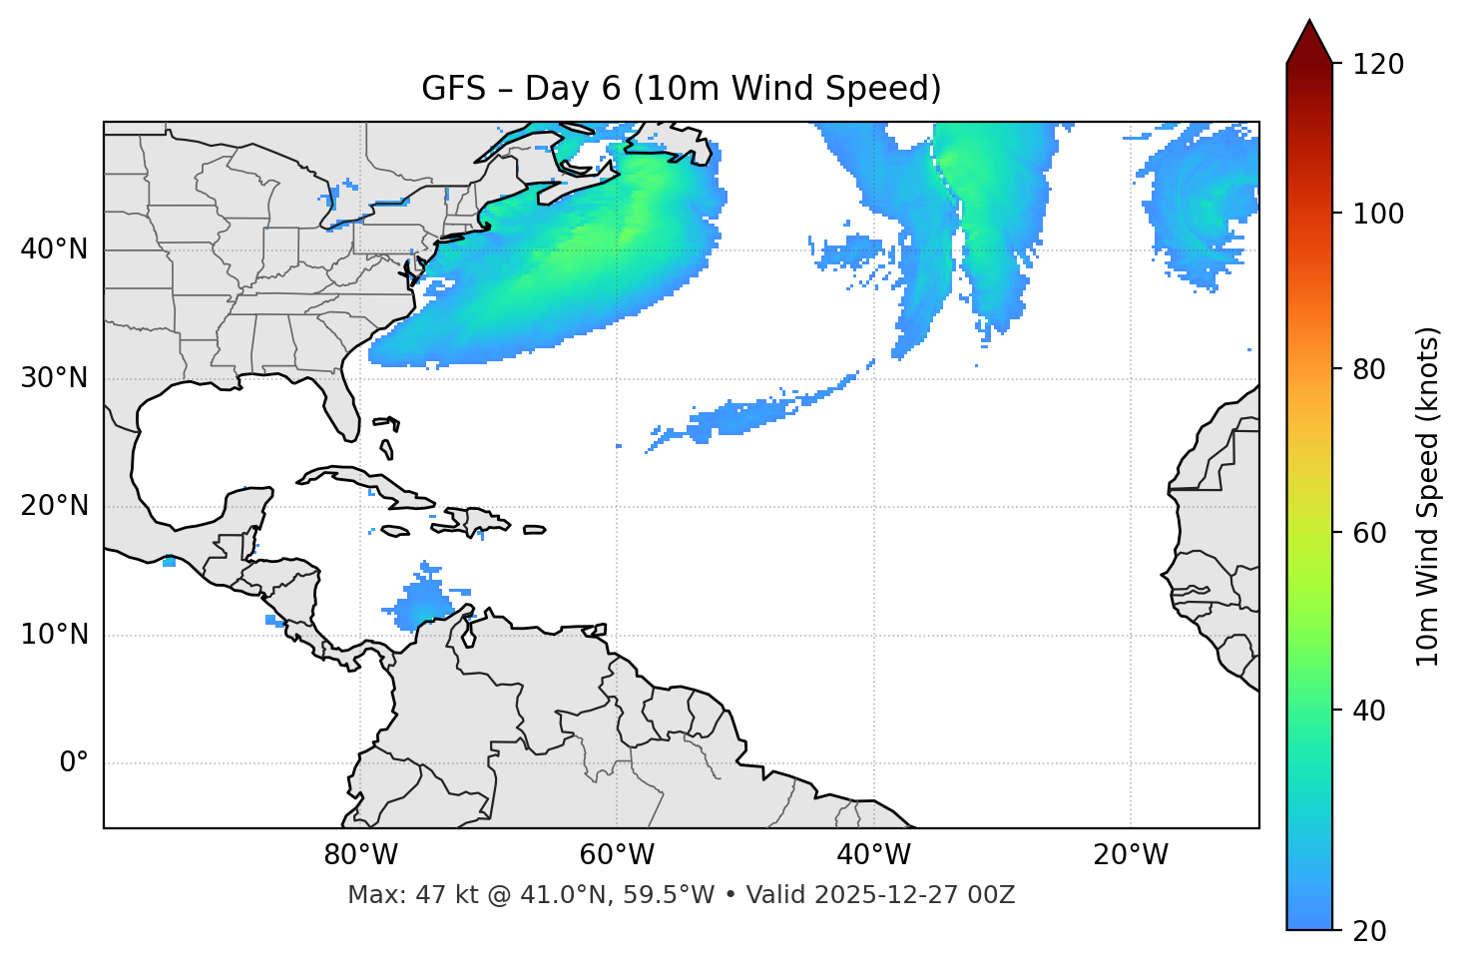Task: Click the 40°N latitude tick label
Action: pos(54,249)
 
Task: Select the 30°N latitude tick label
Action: pos(54,378)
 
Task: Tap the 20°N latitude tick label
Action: pos(54,506)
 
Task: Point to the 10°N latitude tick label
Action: pos(54,635)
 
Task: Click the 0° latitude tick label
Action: pos(74,763)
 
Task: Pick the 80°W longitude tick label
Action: pos(360,855)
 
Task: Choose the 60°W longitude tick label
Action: pos(617,855)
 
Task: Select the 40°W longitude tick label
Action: pos(873,855)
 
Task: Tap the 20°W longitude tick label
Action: pos(1131,855)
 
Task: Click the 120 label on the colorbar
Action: pos(1377,65)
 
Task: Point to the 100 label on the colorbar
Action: pos(1377,214)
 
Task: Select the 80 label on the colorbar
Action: pos(1370,369)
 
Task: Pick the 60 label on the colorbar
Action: pos(1370,533)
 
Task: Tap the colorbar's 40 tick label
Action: pos(1370,711)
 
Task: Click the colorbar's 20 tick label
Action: pos(1370,931)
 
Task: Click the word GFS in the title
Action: pos(453,89)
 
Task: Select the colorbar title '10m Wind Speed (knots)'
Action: pos(1428,496)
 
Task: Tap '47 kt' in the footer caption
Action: pos(439,895)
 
